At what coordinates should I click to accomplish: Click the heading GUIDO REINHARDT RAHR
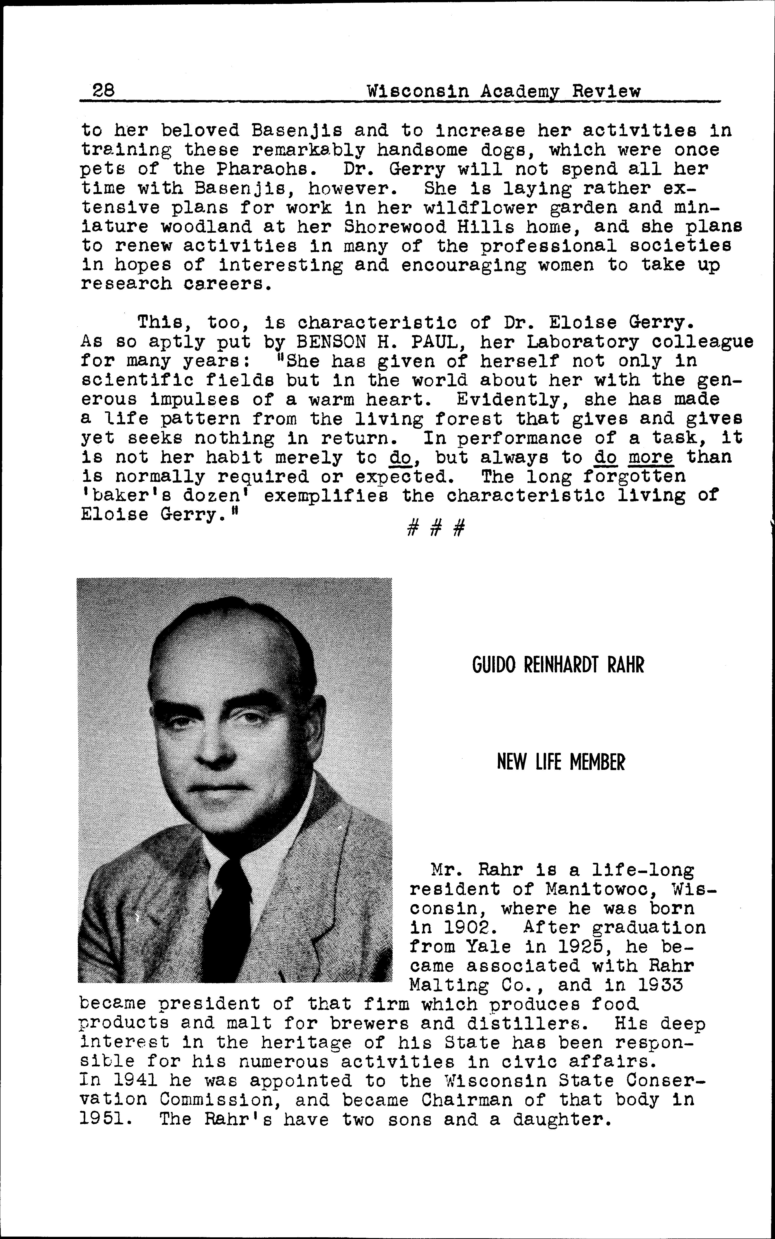(x=558, y=665)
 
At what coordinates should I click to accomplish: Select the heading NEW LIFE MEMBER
(x=561, y=762)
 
